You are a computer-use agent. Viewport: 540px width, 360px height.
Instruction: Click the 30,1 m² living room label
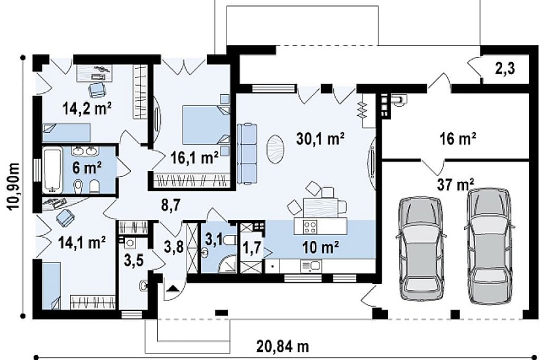point(320,139)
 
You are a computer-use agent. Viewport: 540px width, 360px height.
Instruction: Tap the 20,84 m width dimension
point(282,346)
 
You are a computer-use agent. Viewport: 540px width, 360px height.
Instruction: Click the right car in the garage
point(489,246)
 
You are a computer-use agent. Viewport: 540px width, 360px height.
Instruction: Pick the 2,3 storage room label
point(505,68)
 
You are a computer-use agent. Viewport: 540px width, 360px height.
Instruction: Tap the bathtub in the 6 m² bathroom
point(52,170)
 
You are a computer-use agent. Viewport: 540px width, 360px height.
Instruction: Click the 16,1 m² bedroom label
point(194,158)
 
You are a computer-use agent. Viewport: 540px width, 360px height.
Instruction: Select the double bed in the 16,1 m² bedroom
point(206,125)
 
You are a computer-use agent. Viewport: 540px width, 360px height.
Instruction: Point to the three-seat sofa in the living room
point(247,154)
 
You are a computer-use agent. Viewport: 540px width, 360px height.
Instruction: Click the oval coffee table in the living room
point(275,149)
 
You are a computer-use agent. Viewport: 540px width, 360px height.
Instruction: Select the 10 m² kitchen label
point(320,247)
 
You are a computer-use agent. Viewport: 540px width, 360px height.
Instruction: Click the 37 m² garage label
point(456,185)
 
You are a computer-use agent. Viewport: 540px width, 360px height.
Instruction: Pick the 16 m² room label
point(458,139)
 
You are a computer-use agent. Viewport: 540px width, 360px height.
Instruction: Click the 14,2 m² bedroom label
point(87,109)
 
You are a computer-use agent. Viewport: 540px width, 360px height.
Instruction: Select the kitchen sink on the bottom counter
point(311,265)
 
